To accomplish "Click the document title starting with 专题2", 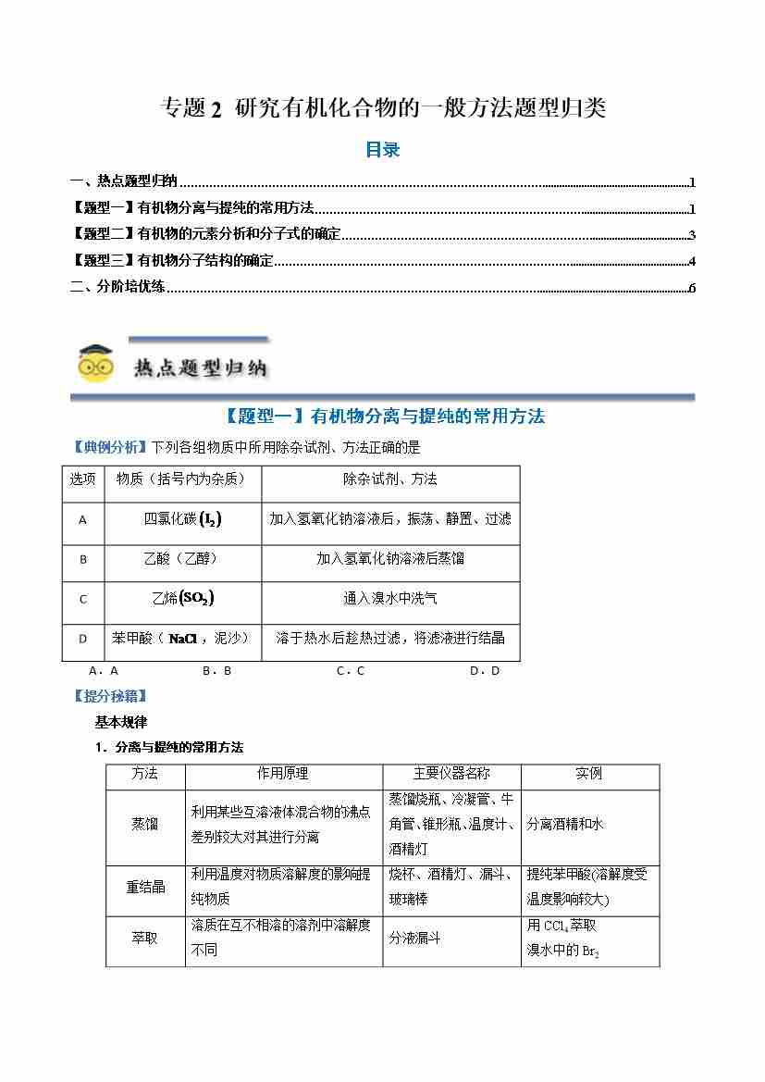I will [x=383, y=108].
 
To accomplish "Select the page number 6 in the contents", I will [x=691, y=287].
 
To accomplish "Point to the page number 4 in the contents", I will [x=691, y=261].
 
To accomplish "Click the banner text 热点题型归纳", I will [x=200, y=368].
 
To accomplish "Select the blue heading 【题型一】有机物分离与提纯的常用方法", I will [x=382, y=417].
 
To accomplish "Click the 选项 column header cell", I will [x=82, y=479].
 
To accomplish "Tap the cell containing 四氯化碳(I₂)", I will [x=182, y=519].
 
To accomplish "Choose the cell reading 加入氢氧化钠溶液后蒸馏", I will [x=389, y=558].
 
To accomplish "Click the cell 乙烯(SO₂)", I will [x=182, y=598].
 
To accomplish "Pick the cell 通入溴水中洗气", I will [x=389, y=598].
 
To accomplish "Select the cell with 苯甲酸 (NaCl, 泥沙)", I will [x=182, y=638].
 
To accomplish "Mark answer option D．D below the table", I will [x=484, y=670].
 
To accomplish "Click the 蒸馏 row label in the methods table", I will [x=145, y=824].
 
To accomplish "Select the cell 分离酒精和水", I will [x=564, y=824].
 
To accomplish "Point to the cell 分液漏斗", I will [x=414, y=938].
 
